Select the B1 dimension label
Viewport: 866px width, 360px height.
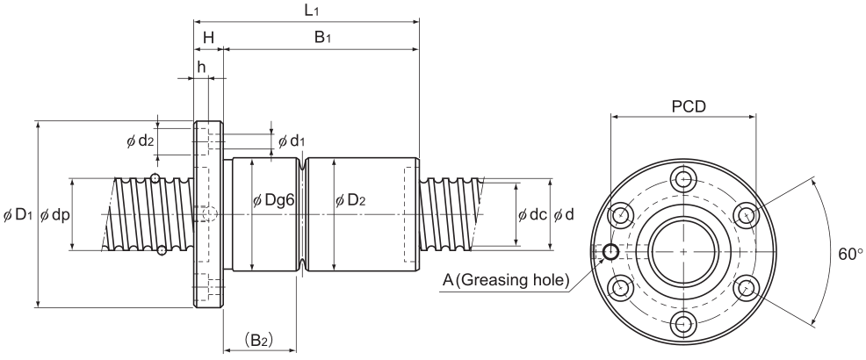pos(322,37)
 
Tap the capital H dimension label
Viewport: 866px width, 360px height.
pos(208,37)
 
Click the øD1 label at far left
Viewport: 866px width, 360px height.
pos(18,215)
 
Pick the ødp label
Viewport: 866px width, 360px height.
pos(54,215)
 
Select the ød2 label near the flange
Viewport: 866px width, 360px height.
pos(140,141)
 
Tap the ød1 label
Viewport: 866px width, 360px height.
pos(291,141)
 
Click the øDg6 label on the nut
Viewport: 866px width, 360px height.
pos(272,200)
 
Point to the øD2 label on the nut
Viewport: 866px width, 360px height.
pos(350,200)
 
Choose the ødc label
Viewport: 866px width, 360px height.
pos(532,215)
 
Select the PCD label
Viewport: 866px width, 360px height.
pos(689,106)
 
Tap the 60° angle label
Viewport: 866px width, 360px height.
pos(850,254)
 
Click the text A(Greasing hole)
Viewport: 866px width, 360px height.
pos(506,280)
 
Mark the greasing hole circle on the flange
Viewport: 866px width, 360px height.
pos(610,252)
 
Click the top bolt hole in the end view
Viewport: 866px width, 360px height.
pos(684,179)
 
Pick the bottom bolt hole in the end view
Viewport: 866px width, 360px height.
pos(684,324)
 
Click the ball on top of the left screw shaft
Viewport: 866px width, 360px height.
pos(155,177)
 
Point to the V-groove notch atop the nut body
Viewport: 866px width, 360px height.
pos(301,164)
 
